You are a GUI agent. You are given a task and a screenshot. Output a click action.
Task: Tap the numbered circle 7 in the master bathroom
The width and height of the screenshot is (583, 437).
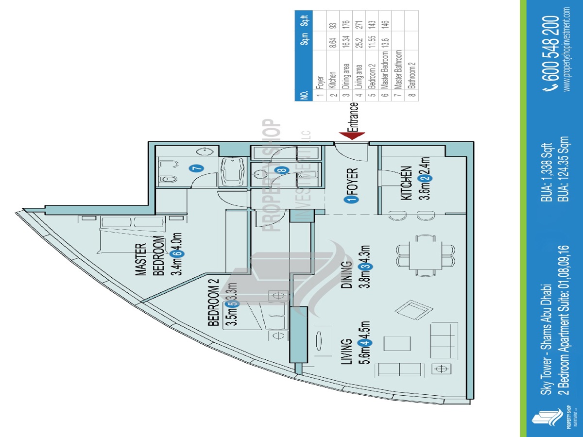[197, 168]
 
